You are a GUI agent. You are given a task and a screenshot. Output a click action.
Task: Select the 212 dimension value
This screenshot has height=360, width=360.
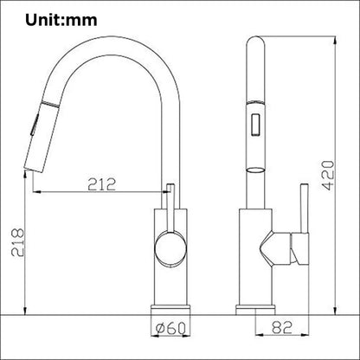100,183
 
